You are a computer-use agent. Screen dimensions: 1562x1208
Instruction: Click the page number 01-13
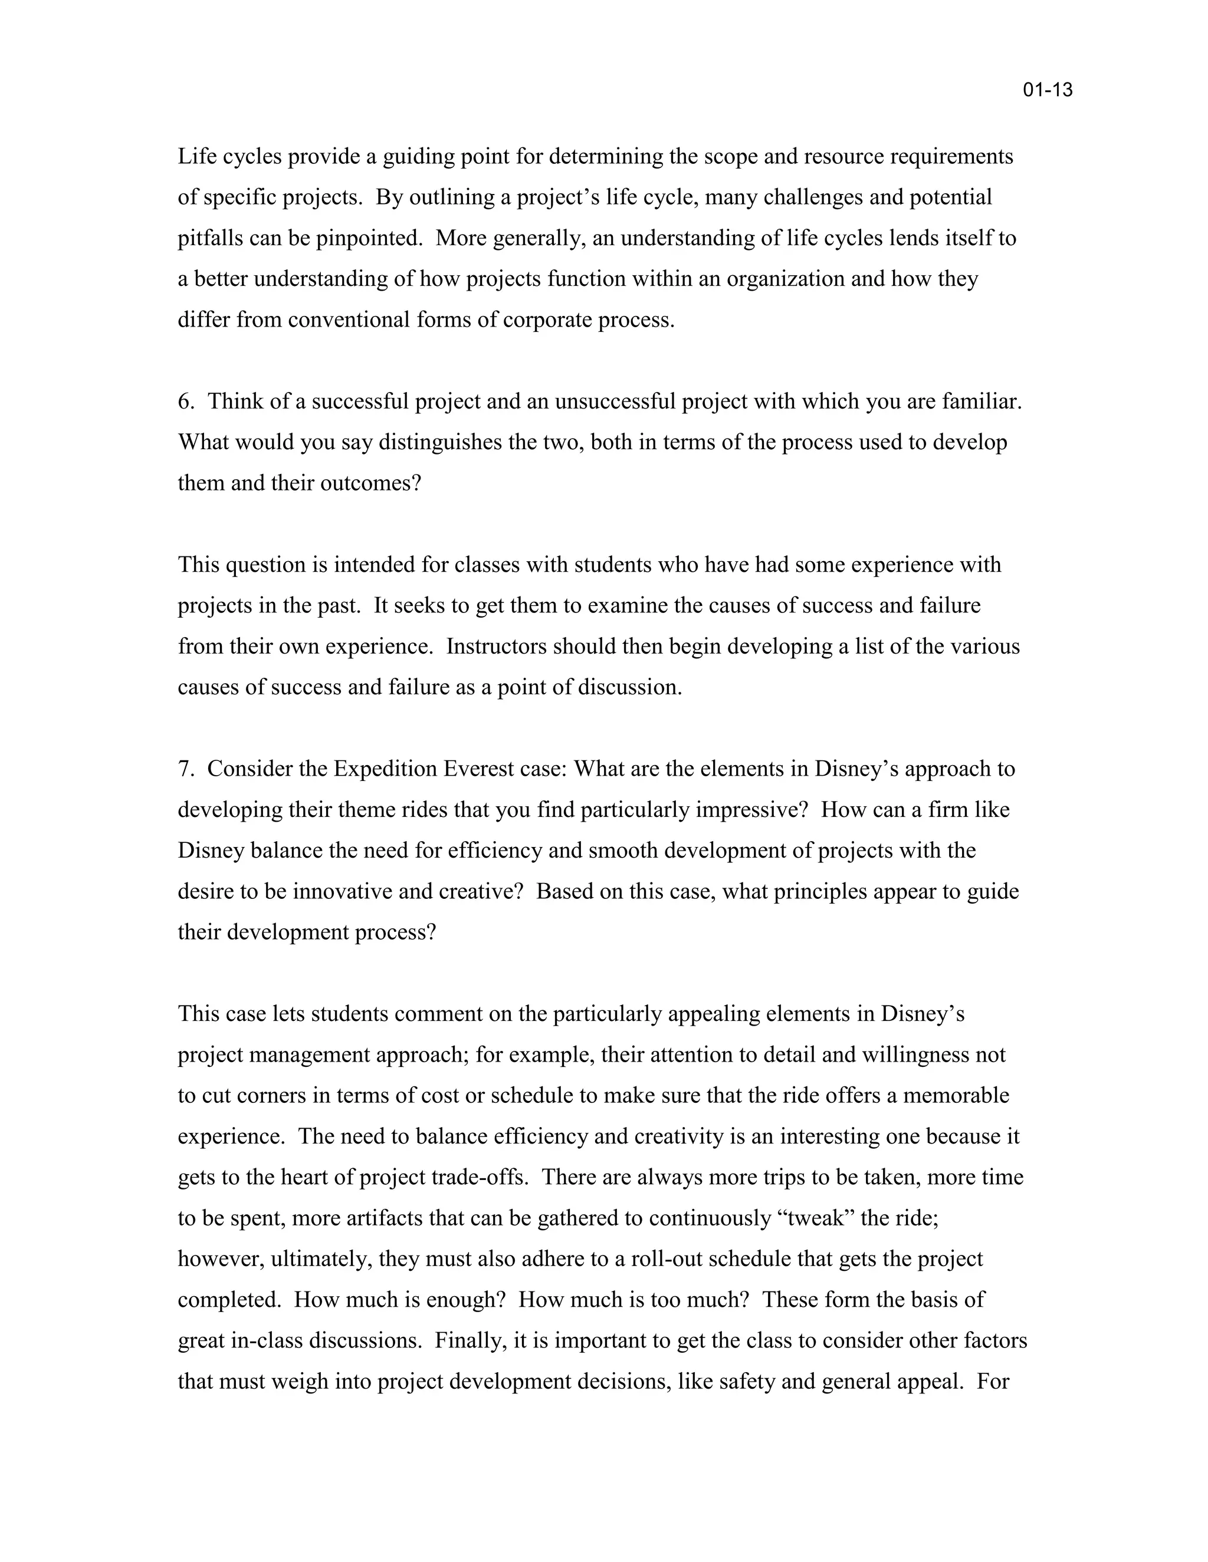pyautogui.click(x=1047, y=90)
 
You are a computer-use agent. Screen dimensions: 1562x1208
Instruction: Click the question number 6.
pyautogui.click(x=185, y=401)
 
